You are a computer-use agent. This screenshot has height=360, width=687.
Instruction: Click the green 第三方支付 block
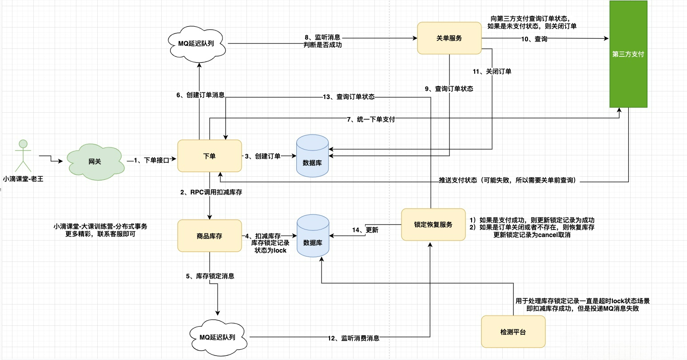click(628, 54)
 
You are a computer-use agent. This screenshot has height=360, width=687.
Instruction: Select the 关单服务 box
click(449, 38)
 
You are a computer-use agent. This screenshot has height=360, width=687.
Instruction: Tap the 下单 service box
click(210, 156)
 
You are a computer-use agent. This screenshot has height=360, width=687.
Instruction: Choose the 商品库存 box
click(210, 236)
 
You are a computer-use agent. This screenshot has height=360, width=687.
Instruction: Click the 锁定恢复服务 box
click(433, 225)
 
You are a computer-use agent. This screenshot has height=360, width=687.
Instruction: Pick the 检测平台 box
click(513, 332)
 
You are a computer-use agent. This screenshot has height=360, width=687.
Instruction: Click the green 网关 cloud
click(95, 162)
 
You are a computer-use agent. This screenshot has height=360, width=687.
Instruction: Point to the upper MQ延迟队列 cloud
click(197, 44)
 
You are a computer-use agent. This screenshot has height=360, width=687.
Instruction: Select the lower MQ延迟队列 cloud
click(218, 337)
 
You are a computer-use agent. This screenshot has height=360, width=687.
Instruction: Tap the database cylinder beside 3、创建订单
click(313, 156)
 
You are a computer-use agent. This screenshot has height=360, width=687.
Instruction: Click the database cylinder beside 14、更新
click(313, 236)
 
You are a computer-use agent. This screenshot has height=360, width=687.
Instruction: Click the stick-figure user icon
click(23, 155)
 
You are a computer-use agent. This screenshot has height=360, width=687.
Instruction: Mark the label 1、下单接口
click(151, 160)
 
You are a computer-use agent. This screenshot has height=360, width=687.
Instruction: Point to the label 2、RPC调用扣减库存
click(211, 192)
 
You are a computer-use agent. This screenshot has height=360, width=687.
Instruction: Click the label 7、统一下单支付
click(371, 119)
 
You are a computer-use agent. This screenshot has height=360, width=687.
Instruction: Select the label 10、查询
click(534, 39)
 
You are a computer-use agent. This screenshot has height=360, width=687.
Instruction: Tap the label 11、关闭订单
click(492, 71)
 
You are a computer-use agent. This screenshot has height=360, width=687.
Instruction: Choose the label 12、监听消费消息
click(353, 338)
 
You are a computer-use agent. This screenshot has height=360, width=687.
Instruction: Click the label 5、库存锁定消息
click(210, 276)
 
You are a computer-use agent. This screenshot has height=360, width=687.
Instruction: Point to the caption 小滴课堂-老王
click(23, 179)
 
